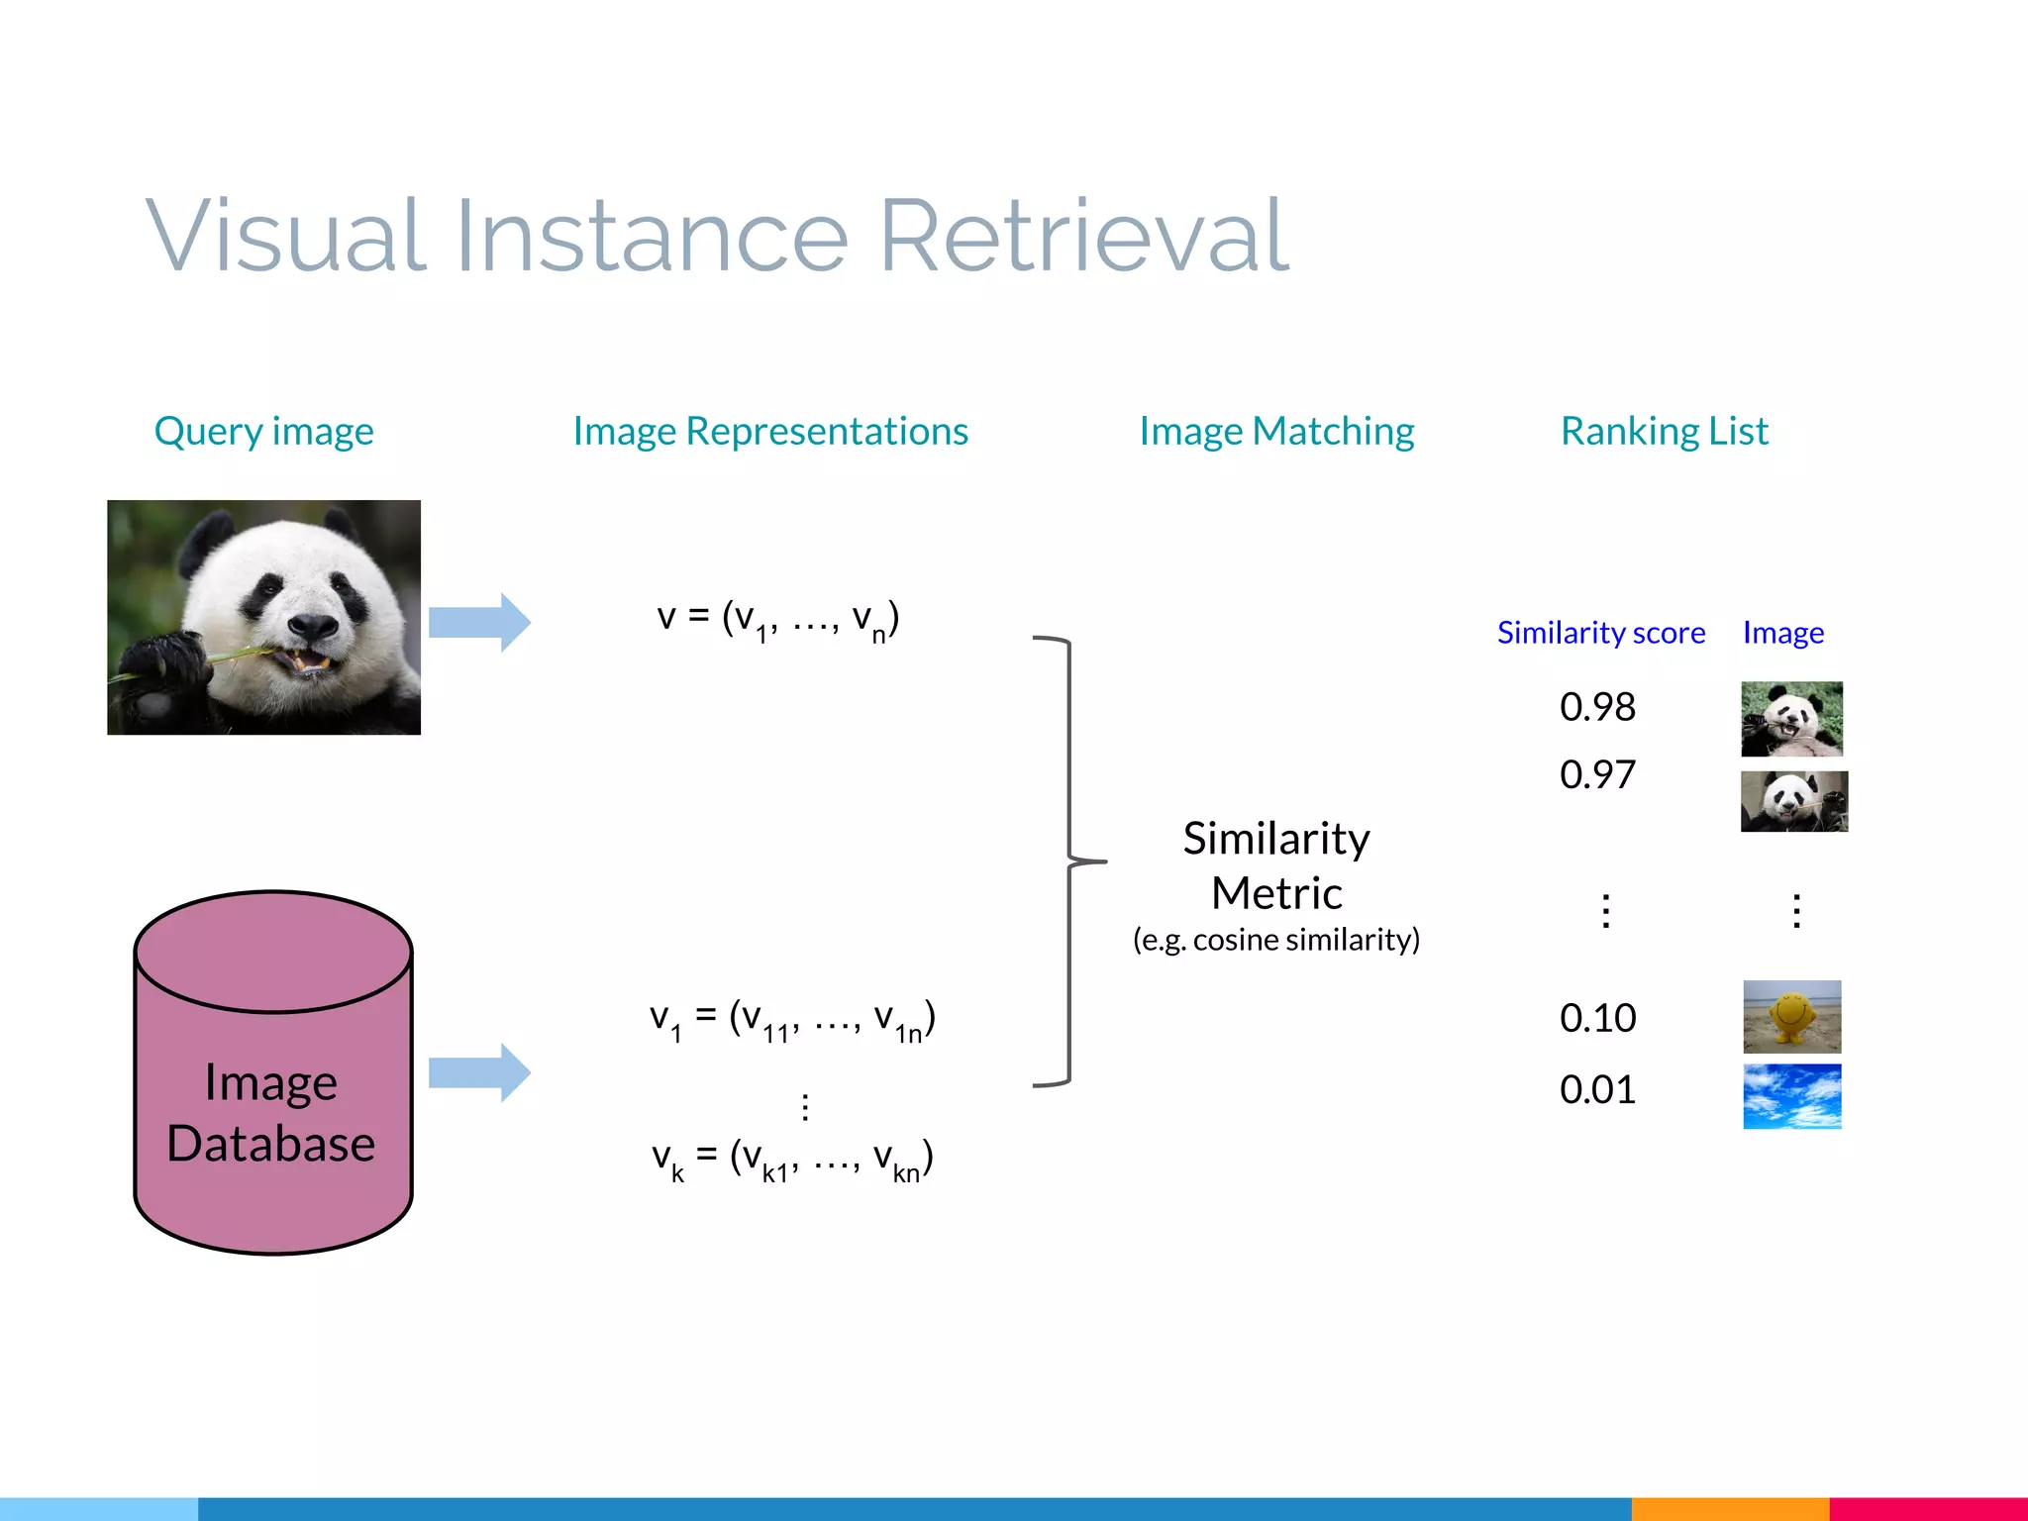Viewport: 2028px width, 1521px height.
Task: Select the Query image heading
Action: tap(263, 432)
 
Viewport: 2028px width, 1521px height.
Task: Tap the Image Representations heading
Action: tap(770, 432)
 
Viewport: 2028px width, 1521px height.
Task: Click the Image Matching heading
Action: tap(1276, 432)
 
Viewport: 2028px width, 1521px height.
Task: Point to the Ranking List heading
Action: tap(1664, 432)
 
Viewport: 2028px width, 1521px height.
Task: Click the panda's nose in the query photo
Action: tap(313, 626)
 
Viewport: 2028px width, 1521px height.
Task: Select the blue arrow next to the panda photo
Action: tap(479, 622)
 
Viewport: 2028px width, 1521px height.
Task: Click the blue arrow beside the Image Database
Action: tap(479, 1072)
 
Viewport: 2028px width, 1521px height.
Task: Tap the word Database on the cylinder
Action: tap(271, 1144)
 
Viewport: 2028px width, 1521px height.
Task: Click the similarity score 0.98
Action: tap(1597, 707)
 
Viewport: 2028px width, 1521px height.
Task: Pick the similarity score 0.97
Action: tap(1597, 774)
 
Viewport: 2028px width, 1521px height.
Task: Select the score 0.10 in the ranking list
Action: tap(1597, 1018)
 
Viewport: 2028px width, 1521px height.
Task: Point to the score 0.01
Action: tap(1597, 1090)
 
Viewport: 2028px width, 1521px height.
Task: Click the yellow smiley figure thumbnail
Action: tap(1791, 1017)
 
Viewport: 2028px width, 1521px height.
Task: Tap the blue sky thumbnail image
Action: tap(1791, 1096)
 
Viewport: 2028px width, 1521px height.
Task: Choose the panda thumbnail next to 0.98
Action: tap(1791, 719)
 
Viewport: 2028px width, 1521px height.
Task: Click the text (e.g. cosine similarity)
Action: tap(1276, 940)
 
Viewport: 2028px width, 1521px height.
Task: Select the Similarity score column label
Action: tap(1600, 633)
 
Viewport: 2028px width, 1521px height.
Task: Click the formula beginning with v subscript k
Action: tap(792, 1158)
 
